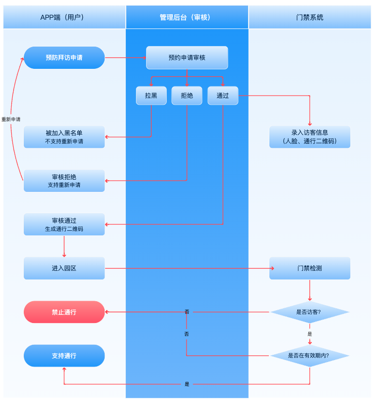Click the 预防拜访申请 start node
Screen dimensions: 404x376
64,58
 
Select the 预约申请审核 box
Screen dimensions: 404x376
187,58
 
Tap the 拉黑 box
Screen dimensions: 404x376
151,95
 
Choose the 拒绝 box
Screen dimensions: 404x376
186,95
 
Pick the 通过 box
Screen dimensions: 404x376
222,95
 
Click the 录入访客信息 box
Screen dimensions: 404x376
309,137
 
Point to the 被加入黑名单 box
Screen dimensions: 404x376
64,137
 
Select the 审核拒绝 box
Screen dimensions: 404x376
64,181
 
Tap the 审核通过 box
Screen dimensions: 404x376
64,224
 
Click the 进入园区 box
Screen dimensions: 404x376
64,268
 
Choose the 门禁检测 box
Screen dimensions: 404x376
309,268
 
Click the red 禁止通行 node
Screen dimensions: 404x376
64,312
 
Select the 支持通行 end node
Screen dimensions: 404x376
64,355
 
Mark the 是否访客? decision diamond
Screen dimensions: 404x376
309,312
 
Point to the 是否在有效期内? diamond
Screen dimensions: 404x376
309,355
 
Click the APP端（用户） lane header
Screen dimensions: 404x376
64,17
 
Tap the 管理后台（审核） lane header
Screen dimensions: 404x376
187,17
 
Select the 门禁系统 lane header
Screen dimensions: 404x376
309,17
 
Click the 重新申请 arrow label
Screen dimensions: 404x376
11,119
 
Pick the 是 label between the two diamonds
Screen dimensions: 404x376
310,334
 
